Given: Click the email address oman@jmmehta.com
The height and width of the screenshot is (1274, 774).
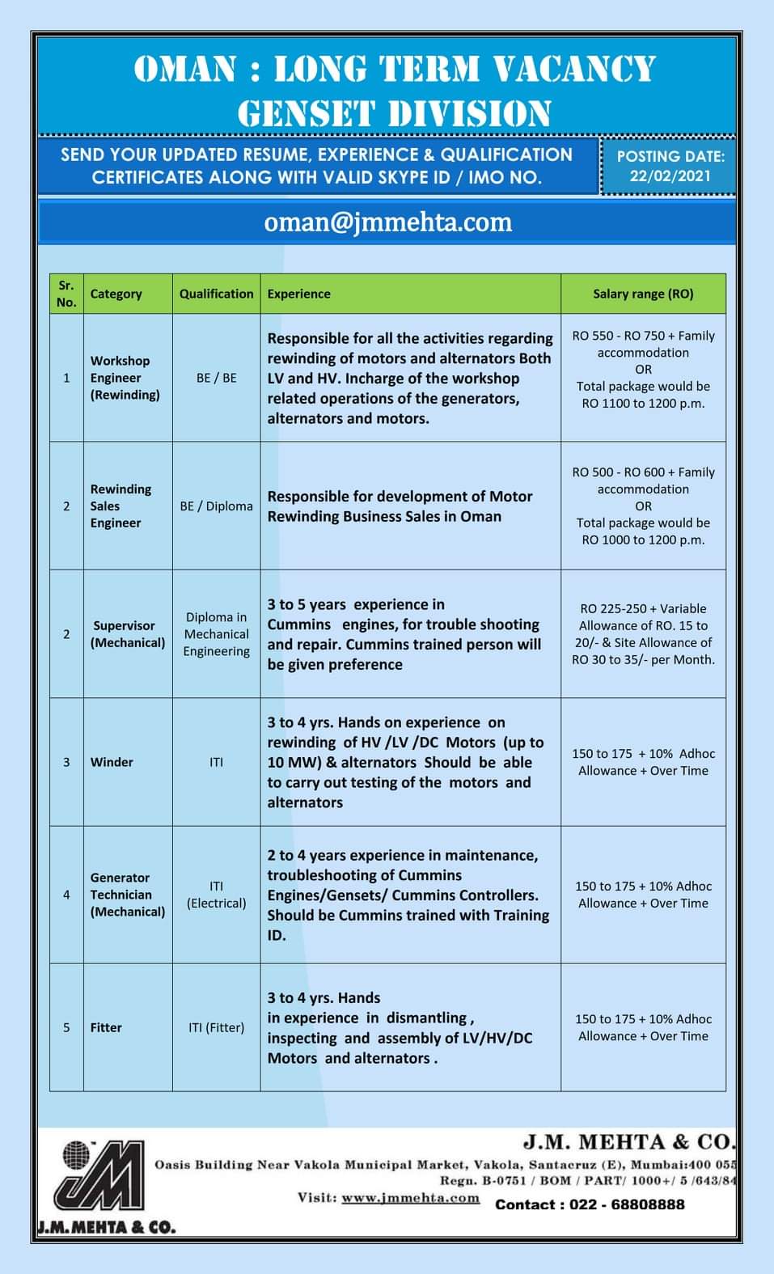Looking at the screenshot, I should coord(387,222).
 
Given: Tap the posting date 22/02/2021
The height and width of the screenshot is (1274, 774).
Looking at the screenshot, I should coord(670,176).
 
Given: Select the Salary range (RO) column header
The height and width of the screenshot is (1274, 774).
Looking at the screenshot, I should coord(643,294).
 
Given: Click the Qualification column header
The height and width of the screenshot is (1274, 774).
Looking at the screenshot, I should coord(216,294).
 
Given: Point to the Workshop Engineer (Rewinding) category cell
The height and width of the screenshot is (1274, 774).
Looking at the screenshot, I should coord(125,378).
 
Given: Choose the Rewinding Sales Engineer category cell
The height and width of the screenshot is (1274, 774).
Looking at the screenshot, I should coord(121,506).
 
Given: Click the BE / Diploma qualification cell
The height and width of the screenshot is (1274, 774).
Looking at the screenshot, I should coord(216,506).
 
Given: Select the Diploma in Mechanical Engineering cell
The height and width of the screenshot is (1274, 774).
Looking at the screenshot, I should coord(216,634).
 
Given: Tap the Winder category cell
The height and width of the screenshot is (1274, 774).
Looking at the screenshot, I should coord(112,762).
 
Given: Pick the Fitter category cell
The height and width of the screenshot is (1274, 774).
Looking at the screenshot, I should coord(106,1027).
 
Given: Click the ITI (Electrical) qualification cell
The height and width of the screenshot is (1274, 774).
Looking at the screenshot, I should coord(216,895).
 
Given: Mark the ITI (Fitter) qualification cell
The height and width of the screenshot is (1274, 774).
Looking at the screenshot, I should coord(216,1027).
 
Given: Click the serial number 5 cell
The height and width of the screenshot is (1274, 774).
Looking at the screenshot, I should coord(66,1027).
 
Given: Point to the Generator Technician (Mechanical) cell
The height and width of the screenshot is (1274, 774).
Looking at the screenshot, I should coord(127,895).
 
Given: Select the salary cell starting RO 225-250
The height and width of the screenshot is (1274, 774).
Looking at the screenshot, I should coord(643,634).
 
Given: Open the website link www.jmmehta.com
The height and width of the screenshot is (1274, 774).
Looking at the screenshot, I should coord(410,1198).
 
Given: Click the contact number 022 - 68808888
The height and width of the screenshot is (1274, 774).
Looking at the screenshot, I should coord(590,1204).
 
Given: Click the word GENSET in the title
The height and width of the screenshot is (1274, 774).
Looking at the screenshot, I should coord(306,113).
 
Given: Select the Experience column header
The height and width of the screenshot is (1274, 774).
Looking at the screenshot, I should coord(298,294).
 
